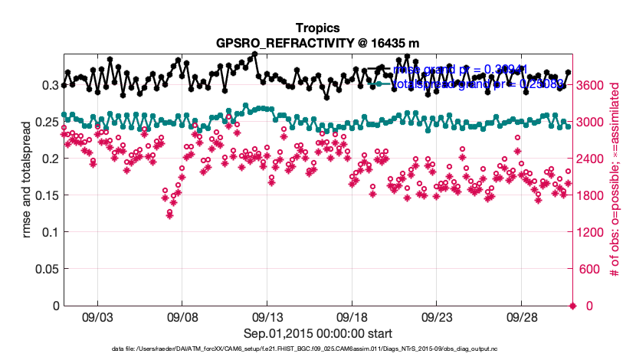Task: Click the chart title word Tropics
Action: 317,27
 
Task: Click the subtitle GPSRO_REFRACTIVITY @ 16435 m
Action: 317,41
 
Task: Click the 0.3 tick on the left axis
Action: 50,85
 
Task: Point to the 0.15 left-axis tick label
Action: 45,195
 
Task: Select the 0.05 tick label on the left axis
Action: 45,269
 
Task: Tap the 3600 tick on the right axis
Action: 592,85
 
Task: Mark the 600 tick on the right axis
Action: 589,269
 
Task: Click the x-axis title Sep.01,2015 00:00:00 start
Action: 317,334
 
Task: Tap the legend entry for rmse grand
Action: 460,70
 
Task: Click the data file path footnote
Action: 317,349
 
